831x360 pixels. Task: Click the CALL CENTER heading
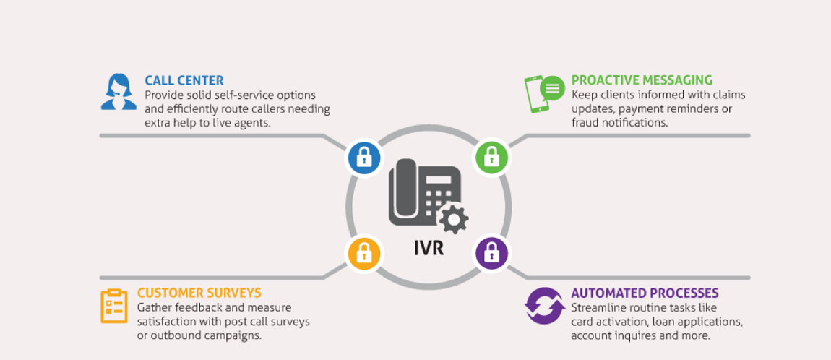(184, 80)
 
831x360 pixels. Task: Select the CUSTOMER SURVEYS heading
(199, 293)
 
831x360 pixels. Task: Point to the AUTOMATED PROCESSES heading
(645, 293)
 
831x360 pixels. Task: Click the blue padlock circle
(363, 157)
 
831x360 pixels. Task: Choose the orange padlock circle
(363, 253)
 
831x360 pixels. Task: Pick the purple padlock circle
(491, 253)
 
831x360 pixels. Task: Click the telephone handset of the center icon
(402, 192)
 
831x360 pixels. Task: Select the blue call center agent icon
(119, 92)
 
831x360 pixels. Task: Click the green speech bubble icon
(552, 88)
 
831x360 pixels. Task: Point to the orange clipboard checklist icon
(113, 306)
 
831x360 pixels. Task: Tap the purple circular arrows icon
(543, 306)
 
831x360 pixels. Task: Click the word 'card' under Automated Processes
(584, 322)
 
